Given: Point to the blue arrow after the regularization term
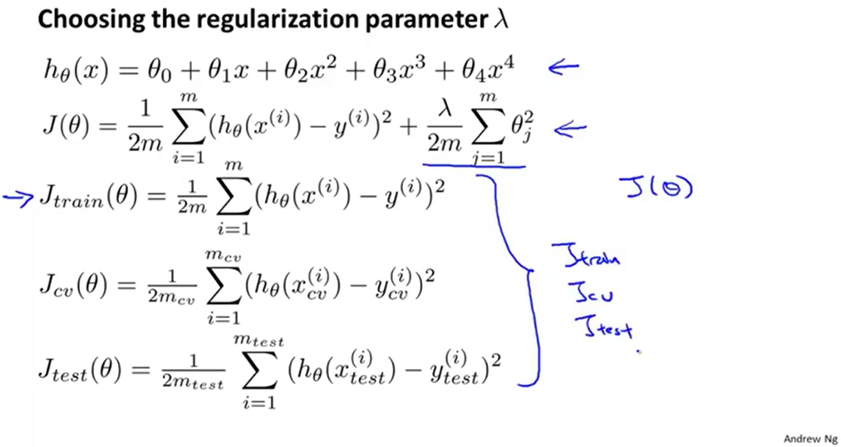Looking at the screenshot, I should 569,129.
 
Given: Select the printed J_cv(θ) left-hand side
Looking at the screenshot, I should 71,287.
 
